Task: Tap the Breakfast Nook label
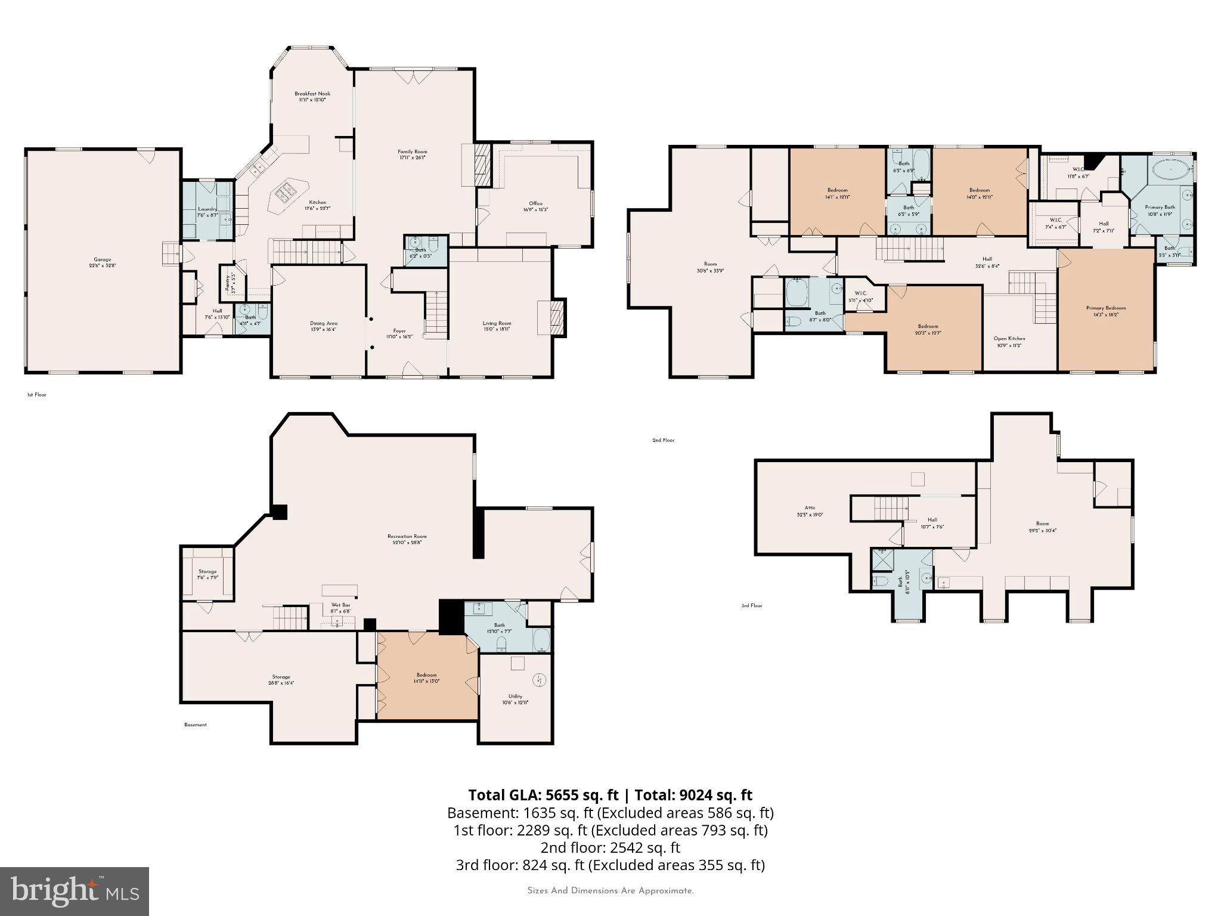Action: tap(312, 97)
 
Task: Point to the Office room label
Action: tap(535, 206)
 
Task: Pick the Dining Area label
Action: tap(323, 326)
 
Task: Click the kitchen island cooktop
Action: tap(284, 192)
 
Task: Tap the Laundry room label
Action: tap(207, 212)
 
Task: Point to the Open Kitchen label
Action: tap(1009, 342)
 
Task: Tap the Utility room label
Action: tap(515, 699)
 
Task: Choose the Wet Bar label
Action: tap(341, 608)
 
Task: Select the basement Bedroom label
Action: tap(427, 678)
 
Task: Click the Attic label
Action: tap(810, 511)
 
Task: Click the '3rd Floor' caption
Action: tap(751, 606)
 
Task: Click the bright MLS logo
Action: tap(74, 891)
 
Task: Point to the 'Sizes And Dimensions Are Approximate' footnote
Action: tap(610, 891)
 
